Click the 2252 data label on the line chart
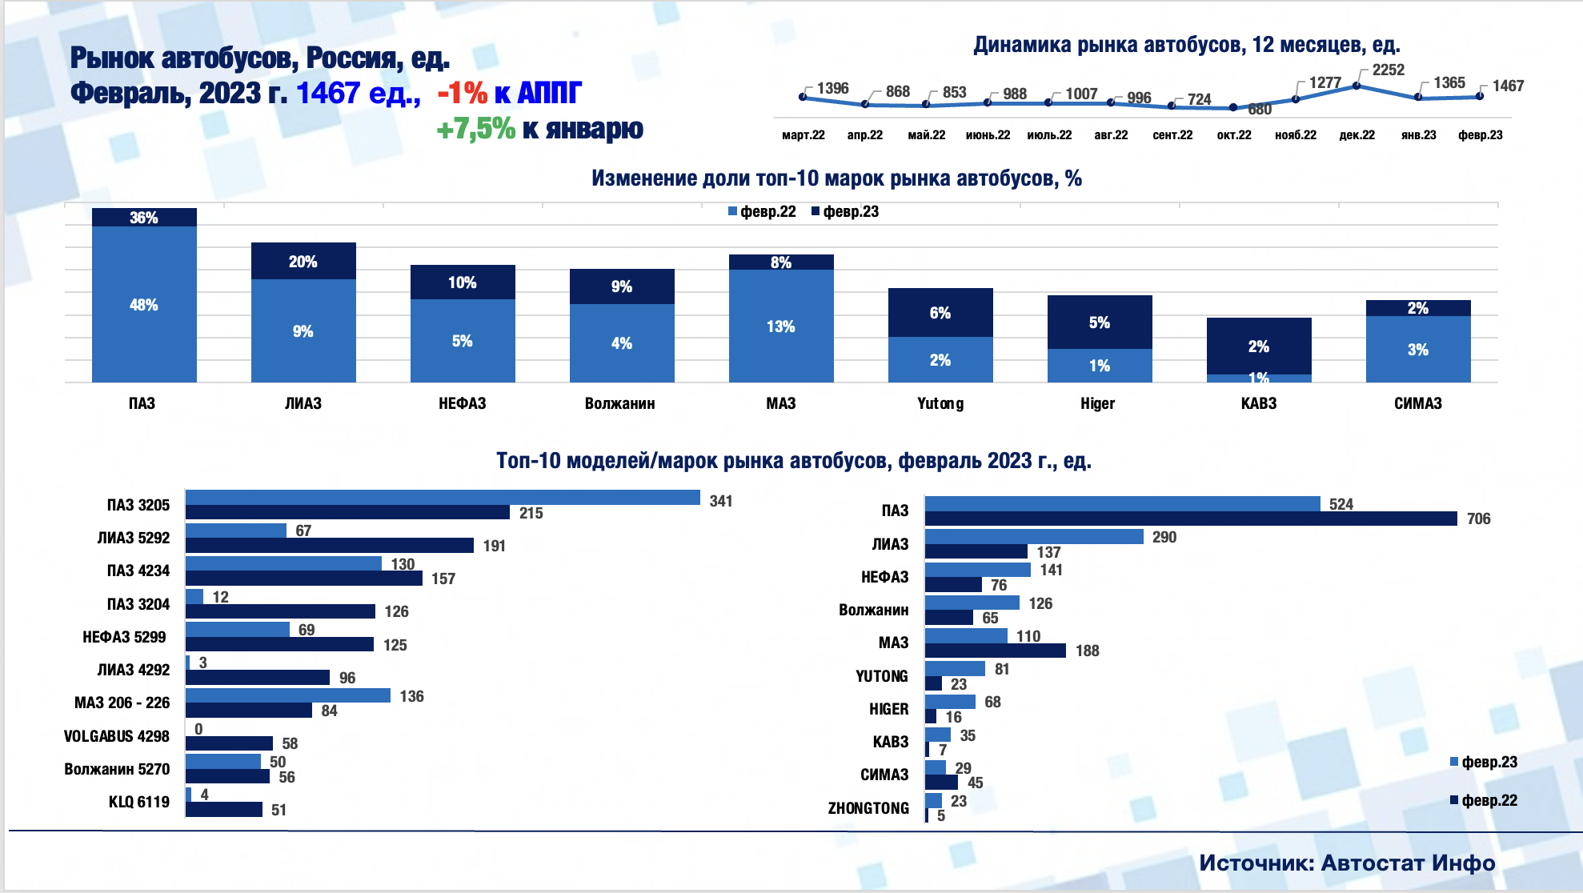pyautogui.click(x=1388, y=70)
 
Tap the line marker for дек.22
pyautogui.click(x=1357, y=86)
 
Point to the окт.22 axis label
pyautogui.click(x=1234, y=135)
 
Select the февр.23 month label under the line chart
pyautogui.click(x=1480, y=135)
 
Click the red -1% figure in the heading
pyautogui.click(x=462, y=94)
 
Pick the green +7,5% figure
pyautogui.click(x=475, y=129)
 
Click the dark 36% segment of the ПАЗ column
pyautogui.click(x=144, y=218)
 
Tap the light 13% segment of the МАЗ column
pyautogui.click(x=781, y=326)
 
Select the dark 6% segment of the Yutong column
pyautogui.click(x=940, y=313)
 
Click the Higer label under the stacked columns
pyautogui.click(x=1097, y=404)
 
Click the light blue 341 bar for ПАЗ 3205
pyautogui.click(x=443, y=498)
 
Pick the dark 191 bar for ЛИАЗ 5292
pyautogui.click(x=329, y=546)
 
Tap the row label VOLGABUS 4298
pyautogui.click(x=117, y=736)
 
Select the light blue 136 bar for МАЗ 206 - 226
pyautogui.click(x=288, y=696)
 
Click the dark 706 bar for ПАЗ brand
pyautogui.click(x=1191, y=519)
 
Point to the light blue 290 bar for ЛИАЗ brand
pyautogui.click(x=1034, y=537)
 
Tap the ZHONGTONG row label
pyautogui.click(x=868, y=808)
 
